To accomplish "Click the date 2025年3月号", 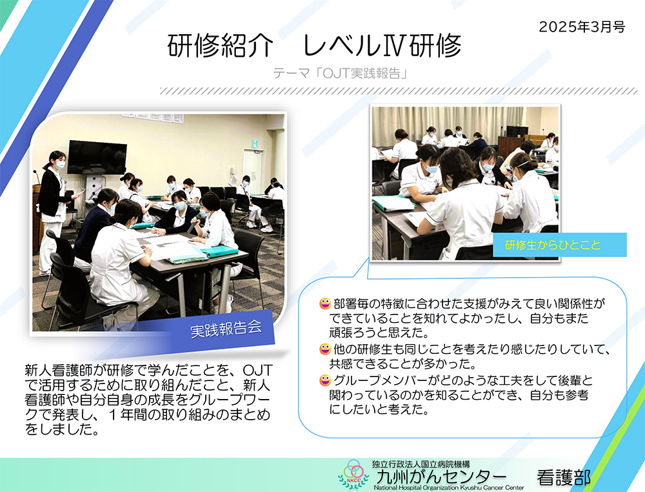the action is tap(582, 26).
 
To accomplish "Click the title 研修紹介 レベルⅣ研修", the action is tap(315, 45).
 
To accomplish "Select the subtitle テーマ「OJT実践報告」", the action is tap(341, 74).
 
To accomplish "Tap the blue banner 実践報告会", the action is tap(226, 329).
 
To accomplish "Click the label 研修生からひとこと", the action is tap(553, 245).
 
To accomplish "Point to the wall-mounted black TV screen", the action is tap(97, 157).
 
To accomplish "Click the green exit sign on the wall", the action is tap(255, 143).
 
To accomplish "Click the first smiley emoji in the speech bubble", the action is tap(325, 304).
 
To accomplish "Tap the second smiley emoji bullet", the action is tap(325, 349).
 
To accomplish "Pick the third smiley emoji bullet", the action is tap(325, 380).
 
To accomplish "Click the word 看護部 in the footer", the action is tap(563, 478).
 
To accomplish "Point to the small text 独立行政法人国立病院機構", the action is tap(421, 464).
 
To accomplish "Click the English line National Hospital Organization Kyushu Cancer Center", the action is tap(448, 487).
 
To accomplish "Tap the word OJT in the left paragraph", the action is tap(257, 369).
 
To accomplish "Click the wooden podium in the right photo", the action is tap(510, 149).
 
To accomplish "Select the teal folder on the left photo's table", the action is tap(219, 250).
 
